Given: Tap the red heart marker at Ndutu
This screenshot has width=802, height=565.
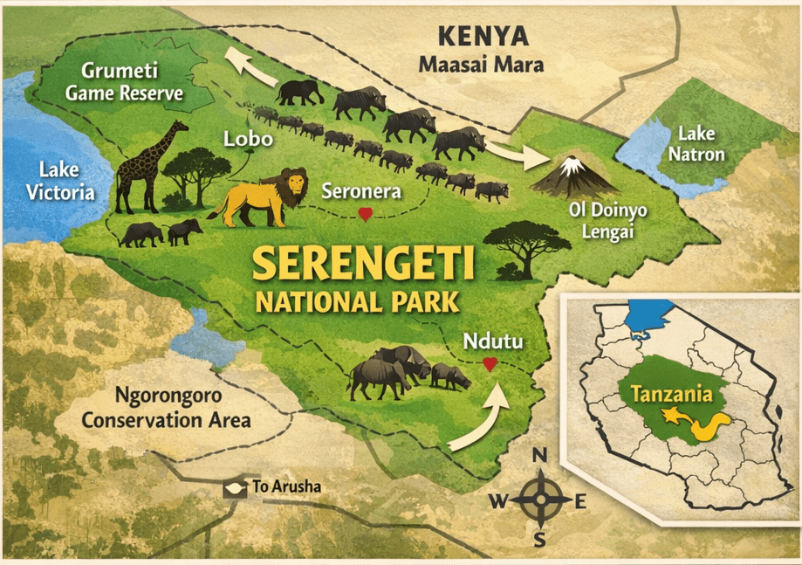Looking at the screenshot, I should [x=490, y=362].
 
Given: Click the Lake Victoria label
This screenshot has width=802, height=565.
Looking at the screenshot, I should [x=60, y=181].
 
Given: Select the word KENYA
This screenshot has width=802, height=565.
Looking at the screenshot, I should [x=483, y=37].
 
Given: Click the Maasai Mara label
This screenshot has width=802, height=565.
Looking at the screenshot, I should [x=481, y=65].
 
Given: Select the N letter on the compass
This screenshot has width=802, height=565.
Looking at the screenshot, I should [x=539, y=455].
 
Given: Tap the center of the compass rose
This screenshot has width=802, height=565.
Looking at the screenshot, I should [x=540, y=500].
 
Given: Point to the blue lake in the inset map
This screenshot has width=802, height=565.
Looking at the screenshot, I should [x=650, y=318].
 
